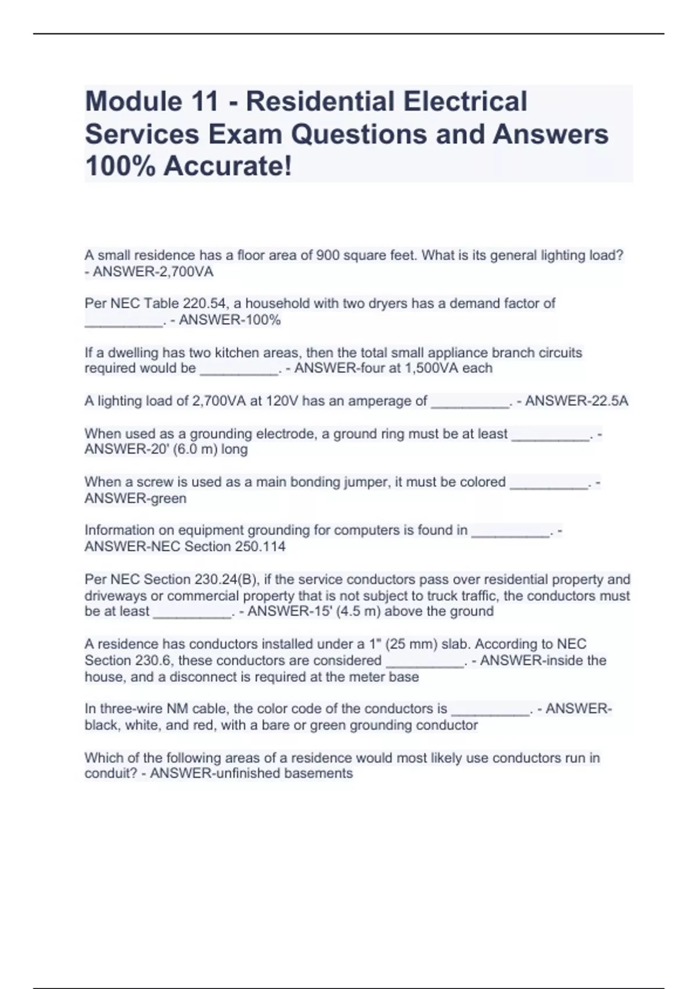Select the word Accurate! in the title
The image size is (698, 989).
(227, 166)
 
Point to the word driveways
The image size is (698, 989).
(116, 596)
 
